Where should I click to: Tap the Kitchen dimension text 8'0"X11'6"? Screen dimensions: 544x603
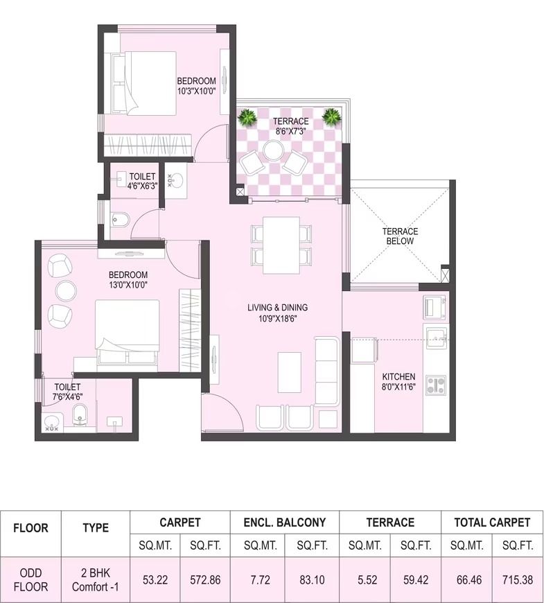(398, 387)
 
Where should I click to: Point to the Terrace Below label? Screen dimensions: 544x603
(400, 236)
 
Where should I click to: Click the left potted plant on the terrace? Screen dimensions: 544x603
(247, 116)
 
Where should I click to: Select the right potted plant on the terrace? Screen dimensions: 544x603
(331, 116)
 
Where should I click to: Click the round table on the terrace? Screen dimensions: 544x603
(273, 150)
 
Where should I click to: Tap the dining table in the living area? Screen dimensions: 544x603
(281, 245)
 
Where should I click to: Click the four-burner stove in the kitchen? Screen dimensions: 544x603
(436, 385)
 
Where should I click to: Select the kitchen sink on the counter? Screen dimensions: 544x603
(436, 338)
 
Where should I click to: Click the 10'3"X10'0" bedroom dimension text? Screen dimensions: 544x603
(196, 91)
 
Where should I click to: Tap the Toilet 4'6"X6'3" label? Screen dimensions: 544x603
(142, 181)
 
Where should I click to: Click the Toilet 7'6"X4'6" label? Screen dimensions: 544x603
(68, 392)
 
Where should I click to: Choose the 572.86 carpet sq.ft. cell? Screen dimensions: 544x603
(205, 579)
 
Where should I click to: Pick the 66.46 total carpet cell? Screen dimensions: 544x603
(466, 579)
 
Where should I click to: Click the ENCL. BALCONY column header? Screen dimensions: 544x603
(285, 522)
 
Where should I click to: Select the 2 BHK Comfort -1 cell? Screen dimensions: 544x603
(96, 579)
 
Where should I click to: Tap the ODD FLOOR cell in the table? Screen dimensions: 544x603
(30, 579)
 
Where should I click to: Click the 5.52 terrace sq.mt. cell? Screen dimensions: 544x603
(365, 579)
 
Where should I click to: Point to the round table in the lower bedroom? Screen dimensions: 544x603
(66, 290)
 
